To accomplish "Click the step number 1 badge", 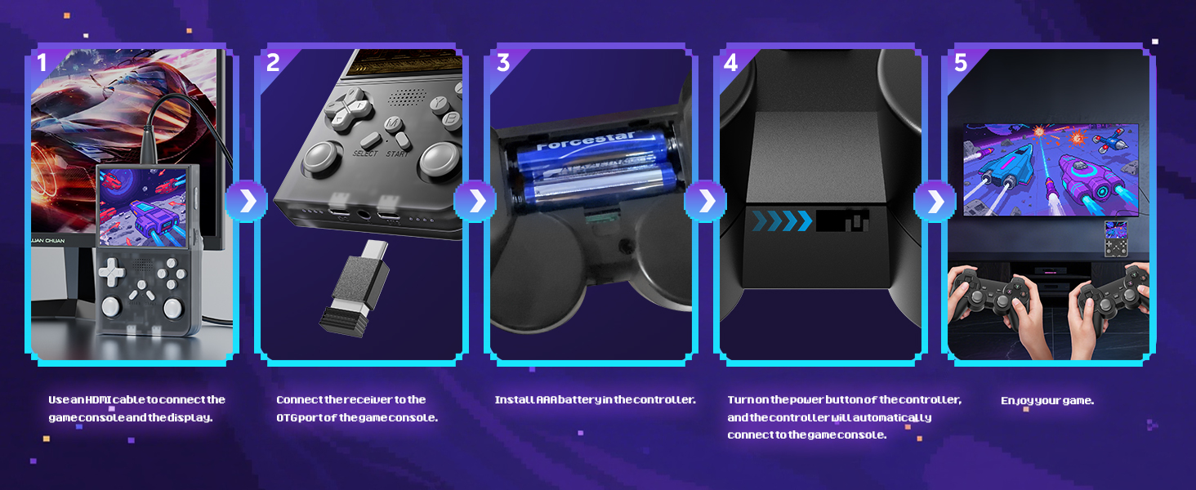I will (42, 62).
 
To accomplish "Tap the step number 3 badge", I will (503, 62).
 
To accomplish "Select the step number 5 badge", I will (961, 62).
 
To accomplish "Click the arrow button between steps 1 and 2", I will (246, 201).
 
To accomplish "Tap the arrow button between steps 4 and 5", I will (935, 201).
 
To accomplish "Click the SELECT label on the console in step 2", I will (365, 154).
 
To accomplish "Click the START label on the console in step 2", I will (399, 154).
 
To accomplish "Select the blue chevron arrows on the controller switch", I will (782, 221).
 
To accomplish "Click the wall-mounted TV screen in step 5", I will (1050, 169).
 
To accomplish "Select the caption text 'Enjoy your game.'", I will (1046, 401).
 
